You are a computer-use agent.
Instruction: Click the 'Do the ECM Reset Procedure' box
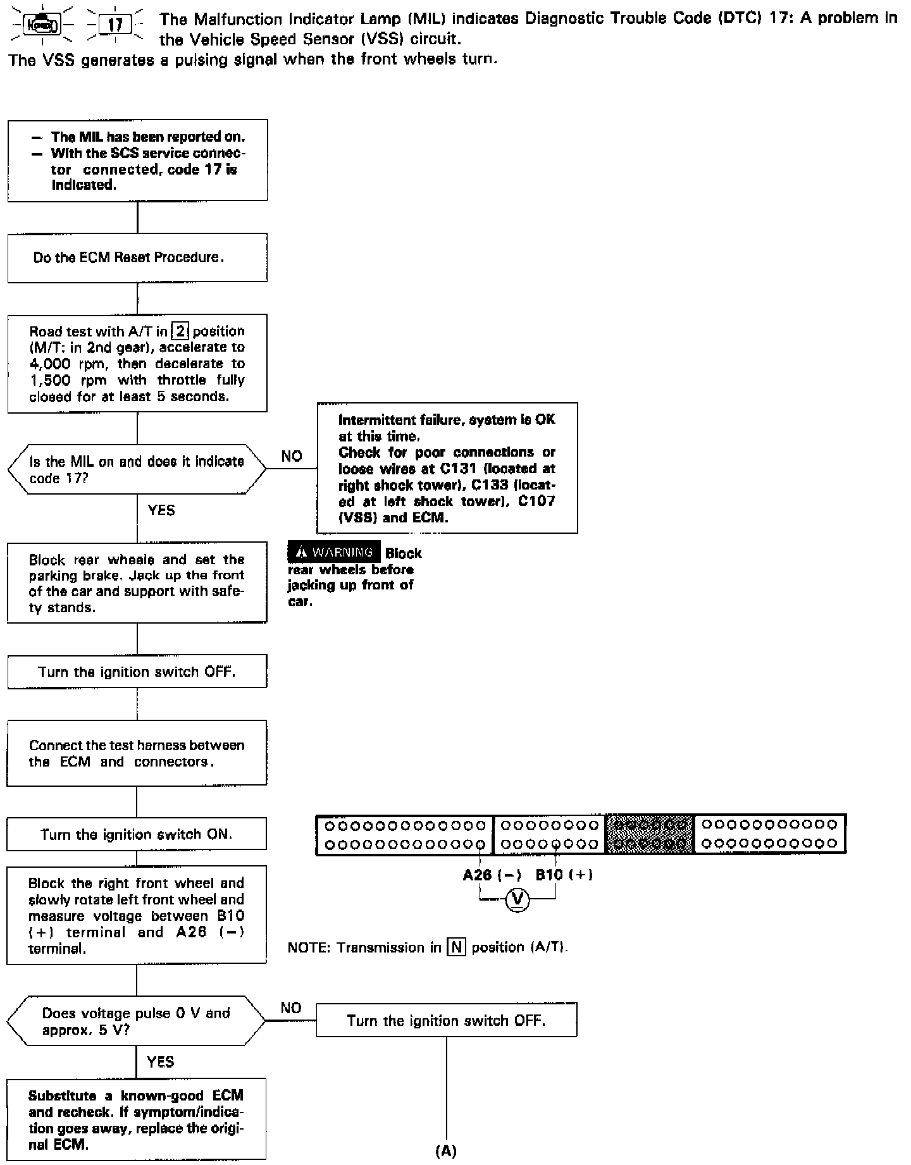coord(137,257)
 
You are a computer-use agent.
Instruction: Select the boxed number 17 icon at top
coord(116,25)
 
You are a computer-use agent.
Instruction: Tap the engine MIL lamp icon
coord(42,25)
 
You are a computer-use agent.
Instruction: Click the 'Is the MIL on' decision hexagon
coord(137,469)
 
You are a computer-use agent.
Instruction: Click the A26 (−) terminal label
coord(492,875)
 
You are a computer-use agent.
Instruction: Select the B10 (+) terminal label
coord(564,875)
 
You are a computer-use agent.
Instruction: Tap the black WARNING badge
coord(334,552)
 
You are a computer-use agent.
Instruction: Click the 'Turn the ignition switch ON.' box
coord(137,834)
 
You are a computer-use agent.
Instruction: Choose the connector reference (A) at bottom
coord(446,1151)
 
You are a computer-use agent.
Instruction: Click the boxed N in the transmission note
coord(456,948)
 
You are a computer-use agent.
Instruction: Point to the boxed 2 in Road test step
coord(180,331)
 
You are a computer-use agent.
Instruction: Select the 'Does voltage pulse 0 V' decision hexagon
coord(136,1021)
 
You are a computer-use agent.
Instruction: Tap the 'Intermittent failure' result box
coord(447,468)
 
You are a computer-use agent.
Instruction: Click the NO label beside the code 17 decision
coord(292,456)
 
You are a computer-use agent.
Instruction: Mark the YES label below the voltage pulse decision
coord(160,1062)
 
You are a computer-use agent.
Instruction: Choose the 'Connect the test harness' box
coord(137,753)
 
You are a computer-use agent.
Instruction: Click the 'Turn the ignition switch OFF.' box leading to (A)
coord(446,1020)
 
